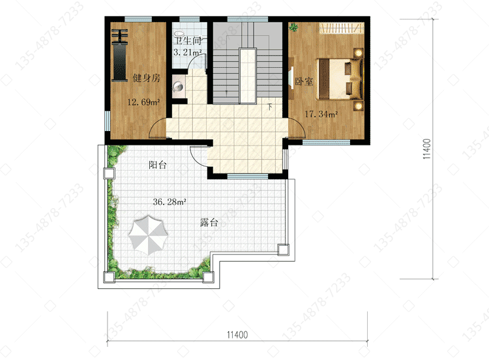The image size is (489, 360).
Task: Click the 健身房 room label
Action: click(147, 78)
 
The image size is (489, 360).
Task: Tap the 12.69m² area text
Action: click(143, 102)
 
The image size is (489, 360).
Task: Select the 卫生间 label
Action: click(187, 41)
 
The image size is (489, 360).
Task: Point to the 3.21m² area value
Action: click(187, 52)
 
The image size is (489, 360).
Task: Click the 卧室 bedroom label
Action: click(304, 82)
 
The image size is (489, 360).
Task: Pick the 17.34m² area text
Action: click(321, 114)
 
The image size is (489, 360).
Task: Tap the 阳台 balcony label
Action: click(158, 165)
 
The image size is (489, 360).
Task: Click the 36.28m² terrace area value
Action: click(170, 202)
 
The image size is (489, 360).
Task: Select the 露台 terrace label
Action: click(209, 222)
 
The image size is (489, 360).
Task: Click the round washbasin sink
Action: click(178, 87)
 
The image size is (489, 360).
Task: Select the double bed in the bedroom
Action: click(340, 79)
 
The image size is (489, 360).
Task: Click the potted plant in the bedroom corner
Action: click(293, 27)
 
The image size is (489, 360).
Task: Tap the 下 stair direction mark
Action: click(270, 107)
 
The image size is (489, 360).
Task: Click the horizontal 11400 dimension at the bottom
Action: click(237, 335)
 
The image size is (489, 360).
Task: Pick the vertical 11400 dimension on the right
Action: click(426, 149)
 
